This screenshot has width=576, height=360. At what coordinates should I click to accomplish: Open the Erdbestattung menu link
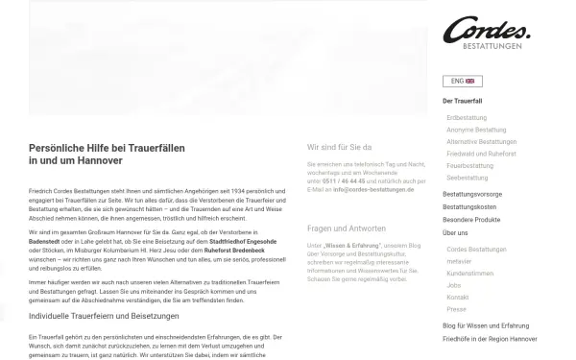[467, 117]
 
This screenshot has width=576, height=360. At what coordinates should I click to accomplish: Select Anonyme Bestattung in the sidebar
[476, 130]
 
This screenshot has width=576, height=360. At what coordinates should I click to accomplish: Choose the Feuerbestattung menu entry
[469, 165]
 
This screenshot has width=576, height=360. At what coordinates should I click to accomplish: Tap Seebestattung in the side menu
[468, 178]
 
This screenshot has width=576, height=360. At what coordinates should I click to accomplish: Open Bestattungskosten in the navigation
[469, 206]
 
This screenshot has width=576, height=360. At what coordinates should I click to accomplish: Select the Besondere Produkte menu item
[471, 219]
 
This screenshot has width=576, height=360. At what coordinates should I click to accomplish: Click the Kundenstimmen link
[468, 273]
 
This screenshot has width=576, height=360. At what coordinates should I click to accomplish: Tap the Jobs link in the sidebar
[454, 285]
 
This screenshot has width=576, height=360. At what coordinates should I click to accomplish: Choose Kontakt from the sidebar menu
[458, 298]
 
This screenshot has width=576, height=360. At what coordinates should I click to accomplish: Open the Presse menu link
[456, 310]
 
